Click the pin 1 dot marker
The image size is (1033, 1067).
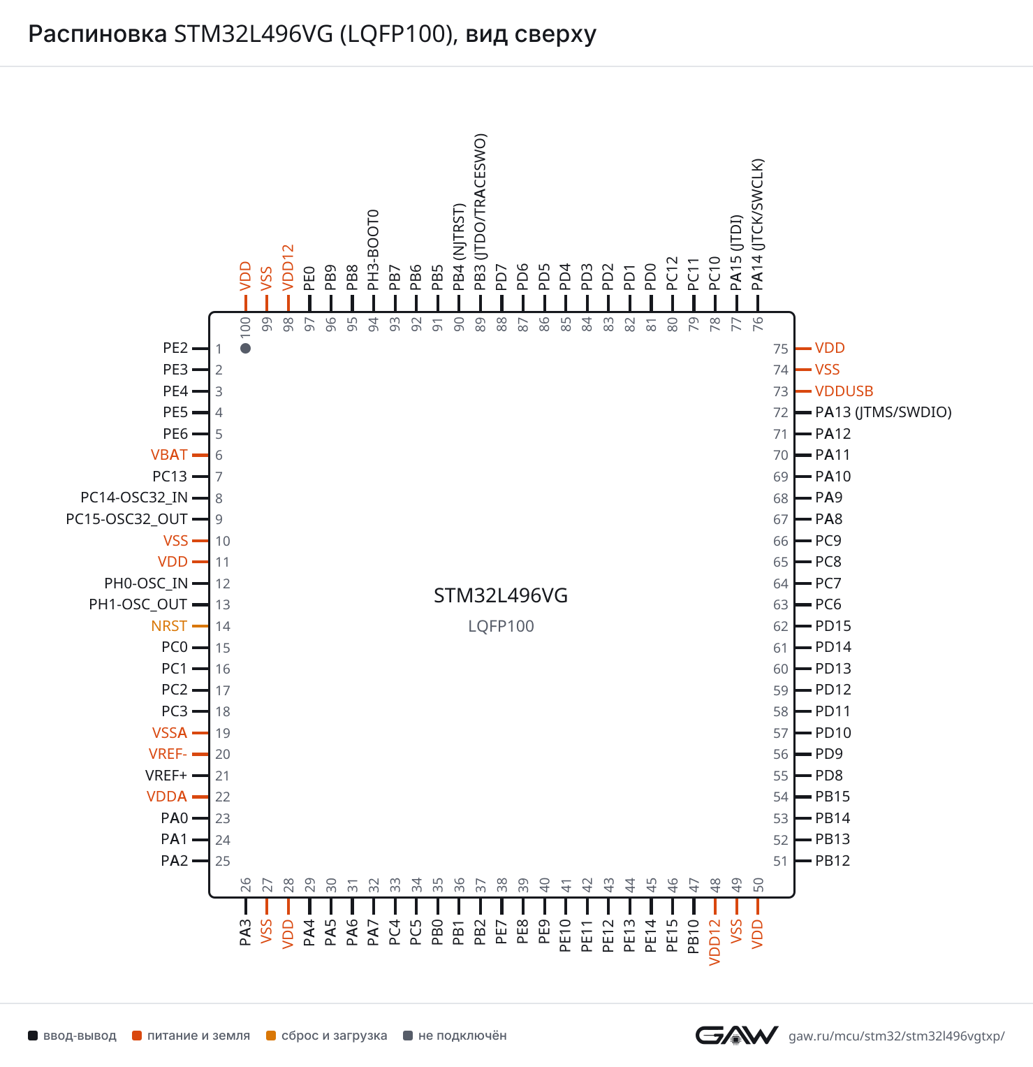pyautogui.click(x=245, y=348)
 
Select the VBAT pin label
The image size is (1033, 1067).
pyautogui.click(x=169, y=455)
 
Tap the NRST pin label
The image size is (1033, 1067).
pyautogui.click(x=169, y=626)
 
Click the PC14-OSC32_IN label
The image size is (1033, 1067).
pyautogui.click(x=134, y=498)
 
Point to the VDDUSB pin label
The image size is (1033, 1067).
pyautogui.click(x=844, y=391)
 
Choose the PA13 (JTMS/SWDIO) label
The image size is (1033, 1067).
pyautogui.click(x=884, y=412)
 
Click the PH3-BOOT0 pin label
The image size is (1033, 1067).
pyautogui.click(x=374, y=249)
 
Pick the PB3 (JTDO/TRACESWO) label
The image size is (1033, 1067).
pyautogui.click(x=481, y=212)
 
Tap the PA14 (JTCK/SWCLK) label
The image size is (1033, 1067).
pyautogui.click(x=758, y=224)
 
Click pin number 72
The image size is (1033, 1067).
pyautogui.click(x=781, y=412)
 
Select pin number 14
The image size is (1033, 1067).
pyautogui.click(x=223, y=626)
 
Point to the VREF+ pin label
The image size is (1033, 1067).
pyautogui.click(x=166, y=776)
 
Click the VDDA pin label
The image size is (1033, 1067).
pyautogui.click(x=167, y=797)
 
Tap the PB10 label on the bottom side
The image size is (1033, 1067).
pyautogui.click(x=694, y=936)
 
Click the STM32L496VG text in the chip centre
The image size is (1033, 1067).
pyautogui.click(x=501, y=595)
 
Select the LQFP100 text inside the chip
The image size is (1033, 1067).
pyautogui.click(x=501, y=626)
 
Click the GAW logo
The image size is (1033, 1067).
pyautogui.click(x=737, y=1036)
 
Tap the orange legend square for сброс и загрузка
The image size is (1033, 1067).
pyautogui.click(x=271, y=1036)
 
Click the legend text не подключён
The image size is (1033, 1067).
pyautogui.click(x=462, y=1036)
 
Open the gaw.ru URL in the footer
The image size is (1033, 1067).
pyautogui.click(x=897, y=1036)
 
